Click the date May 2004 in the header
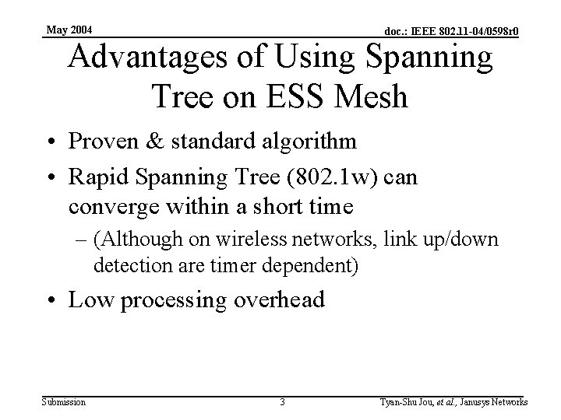pyautogui.click(x=69, y=30)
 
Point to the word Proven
pyautogui.click(x=104, y=142)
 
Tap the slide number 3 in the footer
pyautogui.click(x=282, y=402)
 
